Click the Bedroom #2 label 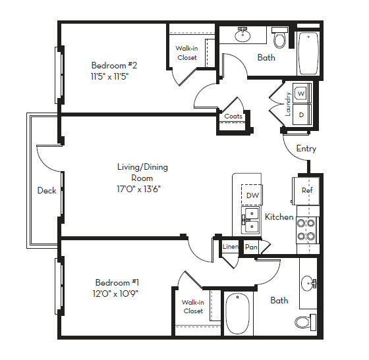coord(113,65)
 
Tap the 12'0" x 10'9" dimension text coord(116,293)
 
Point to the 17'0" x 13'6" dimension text coord(138,188)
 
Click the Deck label coord(46,190)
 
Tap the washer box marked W coord(301,93)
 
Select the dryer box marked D coord(301,115)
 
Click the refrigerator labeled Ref coord(306,190)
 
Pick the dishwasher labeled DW coord(252,195)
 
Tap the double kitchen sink coord(250,220)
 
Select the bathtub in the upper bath coord(308,54)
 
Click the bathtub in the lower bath coord(238,315)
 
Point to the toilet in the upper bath coord(279,39)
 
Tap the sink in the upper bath coord(242,35)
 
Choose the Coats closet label coord(233,116)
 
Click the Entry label coord(306,149)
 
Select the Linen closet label coord(230,247)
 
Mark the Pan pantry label coord(251,247)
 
